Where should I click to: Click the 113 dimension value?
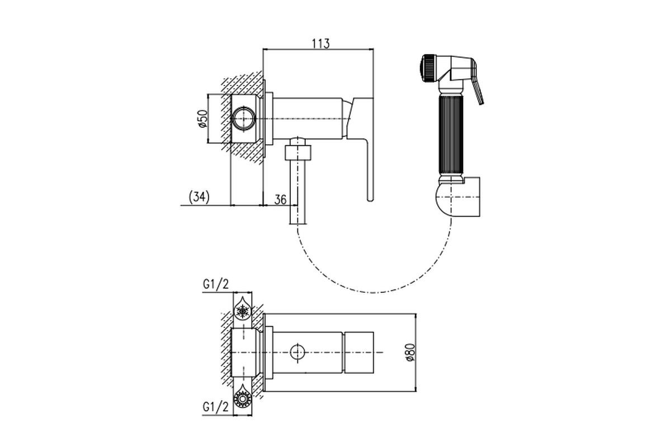(321, 44)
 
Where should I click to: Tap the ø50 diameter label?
(203, 118)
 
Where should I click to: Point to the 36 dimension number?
(280, 199)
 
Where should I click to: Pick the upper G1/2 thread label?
(216, 284)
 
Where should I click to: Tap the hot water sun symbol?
(242, 398)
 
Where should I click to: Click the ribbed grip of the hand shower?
(451, 135)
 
